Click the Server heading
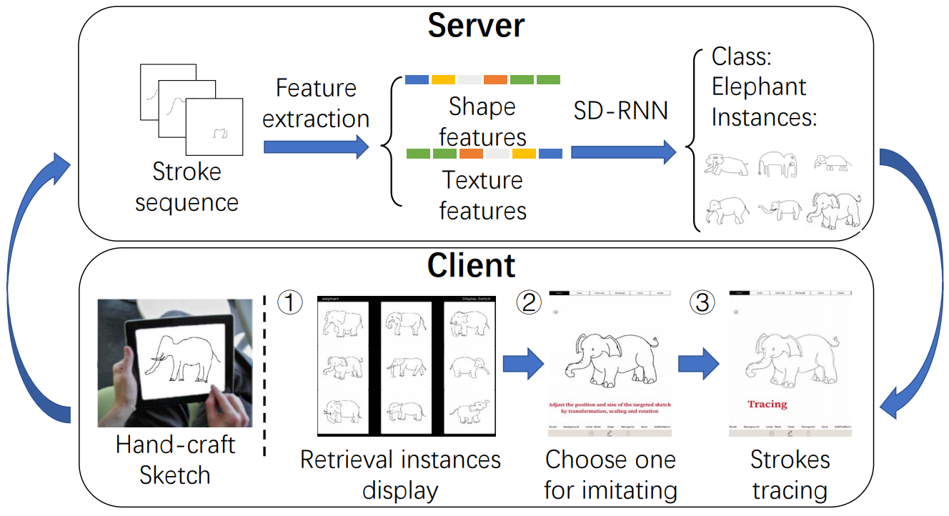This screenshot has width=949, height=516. click(x=476, y=26)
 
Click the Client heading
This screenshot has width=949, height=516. click(x=472, y=266)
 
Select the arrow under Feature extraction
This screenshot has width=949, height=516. click(x=316, y=147)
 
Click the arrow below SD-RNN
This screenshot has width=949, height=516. click(x=623, y=152)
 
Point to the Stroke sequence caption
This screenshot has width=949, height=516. click(x=187, y=187)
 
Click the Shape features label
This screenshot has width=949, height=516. click(x=482, y=121)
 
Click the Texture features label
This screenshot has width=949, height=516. click(x=482, y=194)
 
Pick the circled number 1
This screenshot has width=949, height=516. click(x=288, y=303)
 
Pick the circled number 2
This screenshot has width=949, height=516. click(x=530, y=303)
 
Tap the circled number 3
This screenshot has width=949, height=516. click(x=703, y=303)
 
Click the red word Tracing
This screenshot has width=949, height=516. click(x=767, y=405)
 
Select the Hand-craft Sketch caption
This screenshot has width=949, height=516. click(x=175, y=460)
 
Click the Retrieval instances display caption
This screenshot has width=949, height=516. click(x=400, y=475)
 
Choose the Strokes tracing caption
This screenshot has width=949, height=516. click(x=790, y=475)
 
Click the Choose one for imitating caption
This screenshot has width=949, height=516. click(x=610, y=475)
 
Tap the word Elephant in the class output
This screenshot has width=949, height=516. click(x=759, y=87)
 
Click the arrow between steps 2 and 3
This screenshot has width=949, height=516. click(x=698, y=364)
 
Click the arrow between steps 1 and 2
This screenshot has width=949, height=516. click(x=522, y=364)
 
